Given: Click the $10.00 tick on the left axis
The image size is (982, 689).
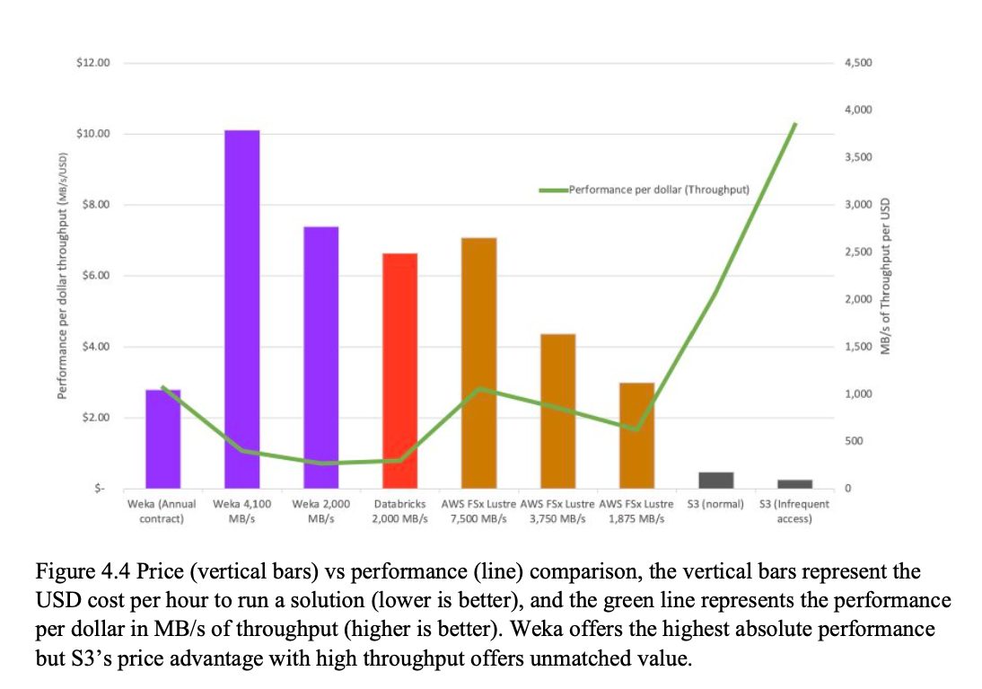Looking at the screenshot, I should (x=93, y=134).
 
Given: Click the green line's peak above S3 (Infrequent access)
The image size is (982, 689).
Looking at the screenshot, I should (x=794, y=124).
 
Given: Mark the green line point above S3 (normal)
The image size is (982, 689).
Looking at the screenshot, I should (x=715, y=293).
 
